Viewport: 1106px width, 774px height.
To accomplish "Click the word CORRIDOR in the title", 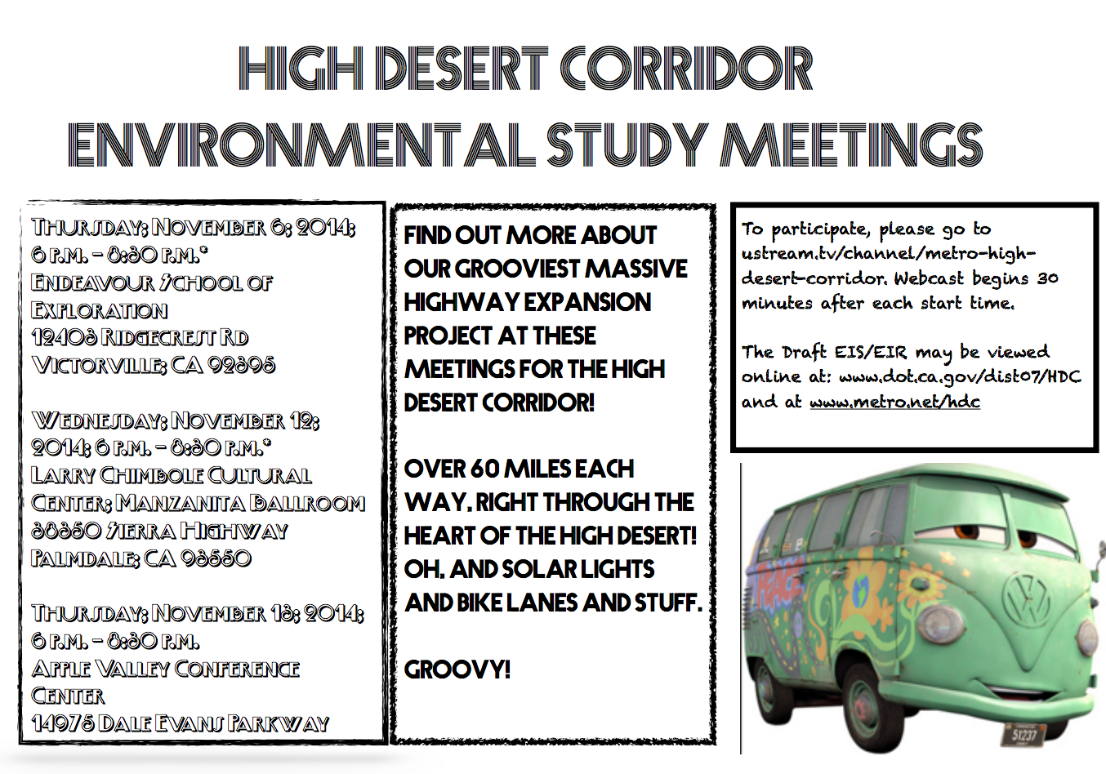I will tap(686, 69).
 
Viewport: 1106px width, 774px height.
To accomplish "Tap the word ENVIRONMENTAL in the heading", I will tap(301, 145).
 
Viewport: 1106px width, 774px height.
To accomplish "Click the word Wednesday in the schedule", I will tap(97, 421).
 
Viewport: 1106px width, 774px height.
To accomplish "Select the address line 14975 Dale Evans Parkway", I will tap(180, 724).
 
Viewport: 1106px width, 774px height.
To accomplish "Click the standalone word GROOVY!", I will tap(457, 670).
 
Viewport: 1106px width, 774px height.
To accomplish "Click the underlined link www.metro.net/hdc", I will tap(894, 402).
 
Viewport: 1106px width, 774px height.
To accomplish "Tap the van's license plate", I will tap(1024, 736).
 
